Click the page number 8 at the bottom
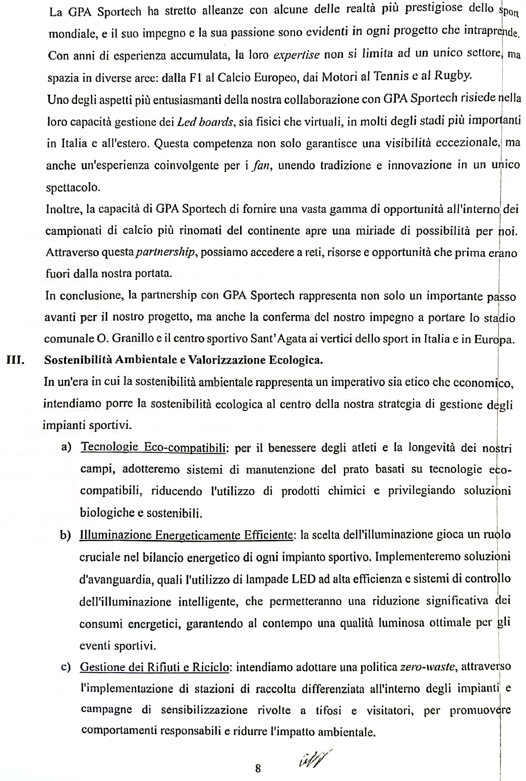(x=258, y=768)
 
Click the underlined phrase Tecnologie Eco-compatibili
(x=154, y=447)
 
